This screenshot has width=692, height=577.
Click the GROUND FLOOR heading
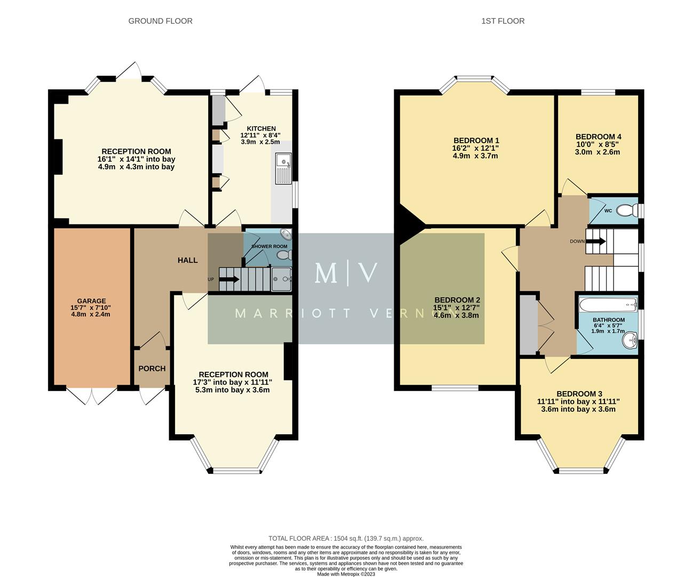(160, 21)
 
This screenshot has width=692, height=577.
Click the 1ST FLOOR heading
(503, 21)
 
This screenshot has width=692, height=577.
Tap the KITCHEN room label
(261, 129)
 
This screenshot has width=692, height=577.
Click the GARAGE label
(91, 301)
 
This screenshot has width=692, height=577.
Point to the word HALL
(187, 260)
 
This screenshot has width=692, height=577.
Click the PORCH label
(152, 368)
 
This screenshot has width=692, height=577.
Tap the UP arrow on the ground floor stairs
(229, 279)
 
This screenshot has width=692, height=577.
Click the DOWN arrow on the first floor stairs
(595, 241)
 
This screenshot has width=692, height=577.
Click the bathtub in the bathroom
(608, 306)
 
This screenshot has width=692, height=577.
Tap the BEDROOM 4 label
(598, 137)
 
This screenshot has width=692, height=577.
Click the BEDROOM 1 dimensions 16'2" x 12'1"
(475, 149)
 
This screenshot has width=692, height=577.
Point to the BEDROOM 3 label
(579, 394)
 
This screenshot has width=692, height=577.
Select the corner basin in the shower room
(287, 235)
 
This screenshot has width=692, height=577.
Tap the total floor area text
(346, 539)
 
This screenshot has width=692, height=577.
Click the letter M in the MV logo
(325, 273)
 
